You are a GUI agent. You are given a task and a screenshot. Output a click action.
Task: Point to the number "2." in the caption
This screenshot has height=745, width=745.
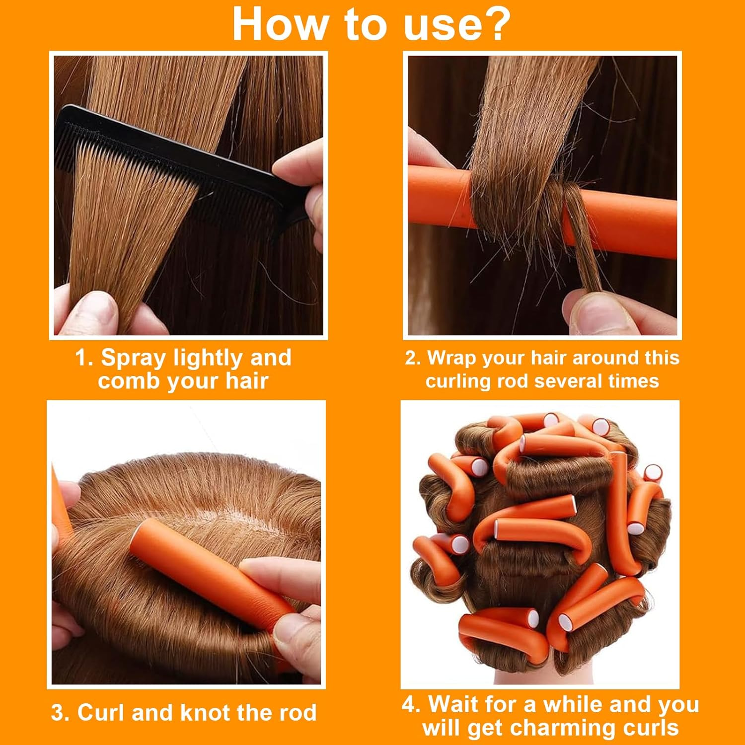coord(413,358)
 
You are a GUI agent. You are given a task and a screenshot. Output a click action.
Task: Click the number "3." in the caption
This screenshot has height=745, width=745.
coord(61,713)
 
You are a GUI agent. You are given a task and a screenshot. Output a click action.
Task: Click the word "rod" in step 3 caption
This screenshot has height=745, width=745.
coord(298,713)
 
